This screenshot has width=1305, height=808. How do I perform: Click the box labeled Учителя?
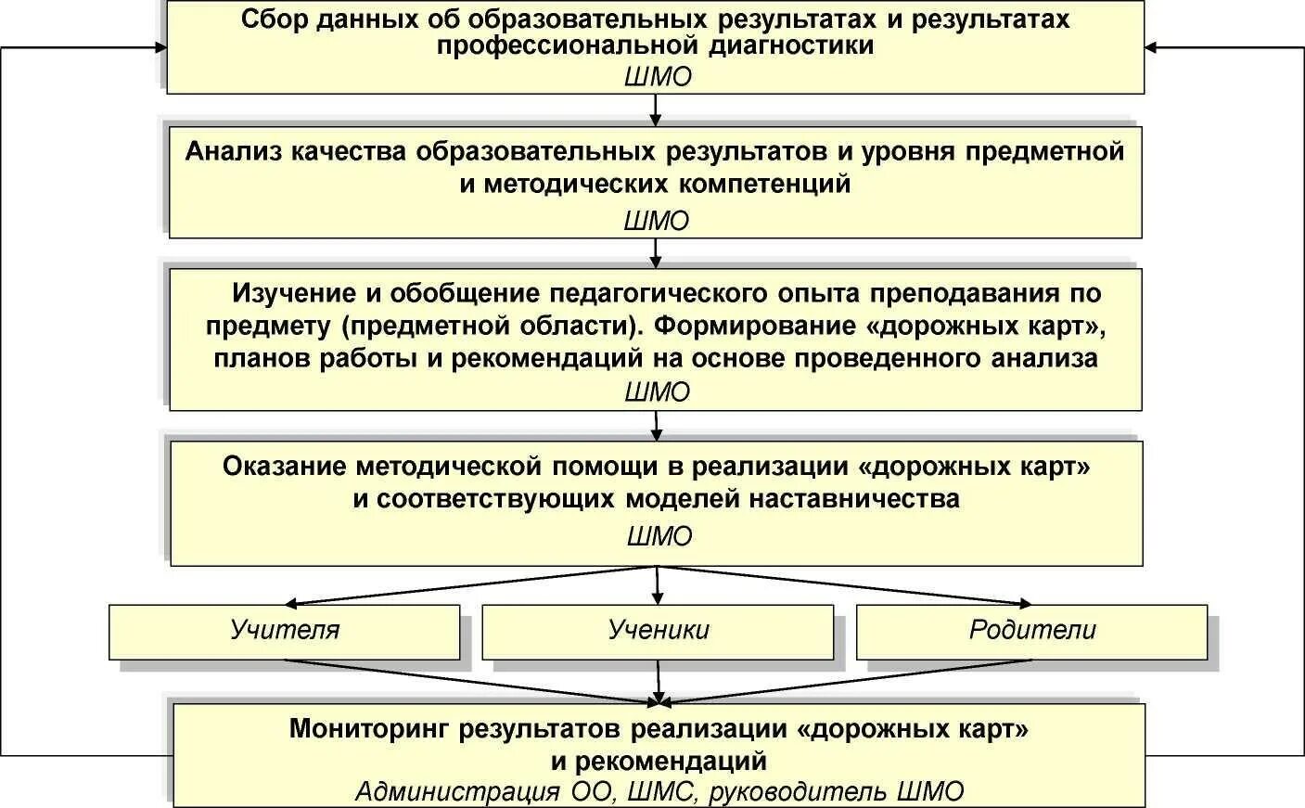click(x=284, y=631)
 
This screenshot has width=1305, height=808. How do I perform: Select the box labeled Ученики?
click(x=658, y=631)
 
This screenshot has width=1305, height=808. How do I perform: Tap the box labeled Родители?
click(x=1031, y=631)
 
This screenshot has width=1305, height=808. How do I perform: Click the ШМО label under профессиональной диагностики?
click(x=657, y=77)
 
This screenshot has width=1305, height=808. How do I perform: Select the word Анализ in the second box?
click(x=232, y=151)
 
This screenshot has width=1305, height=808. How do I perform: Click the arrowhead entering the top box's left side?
click(x=160, y=46)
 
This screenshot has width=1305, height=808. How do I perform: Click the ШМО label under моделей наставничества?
click(x=659, y=537)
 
